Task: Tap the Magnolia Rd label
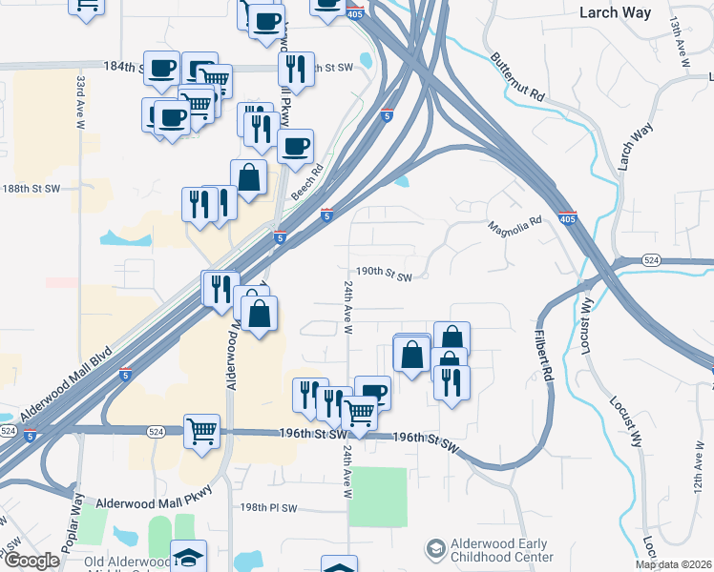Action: (x=514, y=228)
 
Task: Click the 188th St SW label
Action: (x=31, y=189)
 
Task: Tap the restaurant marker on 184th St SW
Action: (x=295, y=69)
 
